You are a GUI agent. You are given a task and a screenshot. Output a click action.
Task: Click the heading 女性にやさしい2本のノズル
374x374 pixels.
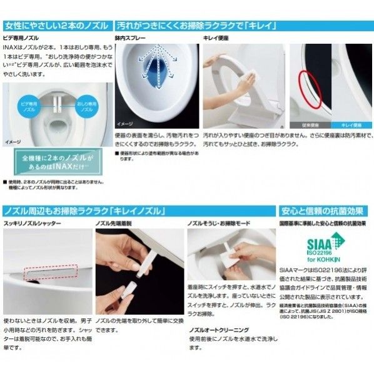click(56, 26)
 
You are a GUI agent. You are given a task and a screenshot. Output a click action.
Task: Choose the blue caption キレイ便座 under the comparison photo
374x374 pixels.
click(350, 125)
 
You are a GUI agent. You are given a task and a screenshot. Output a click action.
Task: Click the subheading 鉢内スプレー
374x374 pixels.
click(132, 39)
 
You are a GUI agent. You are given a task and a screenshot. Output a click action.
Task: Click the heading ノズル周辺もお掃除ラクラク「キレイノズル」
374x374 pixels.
click(91, 211)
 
